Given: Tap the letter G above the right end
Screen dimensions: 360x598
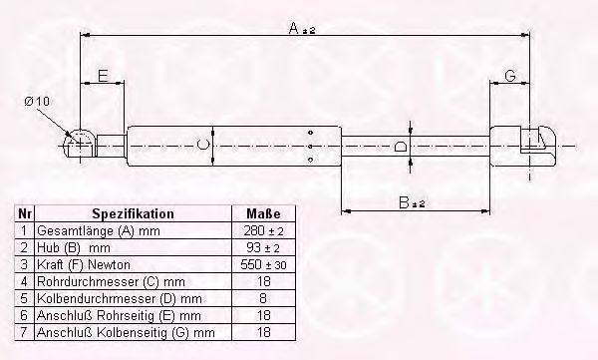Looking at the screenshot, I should click(509, 76).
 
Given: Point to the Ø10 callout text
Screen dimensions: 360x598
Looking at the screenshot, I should click(36, 101).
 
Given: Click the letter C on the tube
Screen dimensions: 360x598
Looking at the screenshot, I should click(202, 146).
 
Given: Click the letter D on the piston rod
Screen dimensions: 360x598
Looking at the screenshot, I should click(400, 147).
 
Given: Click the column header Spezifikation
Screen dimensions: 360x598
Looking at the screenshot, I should click(133, 214).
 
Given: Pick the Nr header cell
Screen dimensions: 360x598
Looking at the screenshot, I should click(26, 214).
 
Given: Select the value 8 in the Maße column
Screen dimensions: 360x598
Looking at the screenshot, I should click(263, 297).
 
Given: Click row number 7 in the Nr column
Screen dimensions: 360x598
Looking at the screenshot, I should click(26, 331).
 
